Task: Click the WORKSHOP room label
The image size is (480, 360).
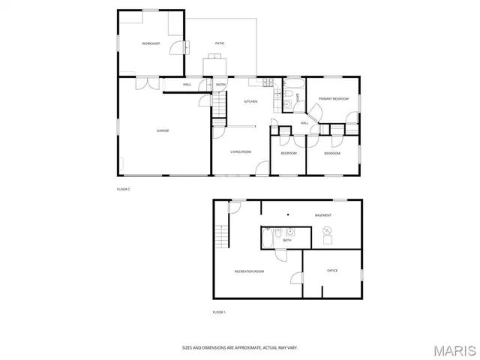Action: point(151,43)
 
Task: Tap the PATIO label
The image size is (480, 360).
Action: point(220,43)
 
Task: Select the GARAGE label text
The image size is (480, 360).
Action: point(163,130)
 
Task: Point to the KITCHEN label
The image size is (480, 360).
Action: point(251,101)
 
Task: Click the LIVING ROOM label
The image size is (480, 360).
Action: point(241,152)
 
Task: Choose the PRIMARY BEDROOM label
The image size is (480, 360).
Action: point(334,99)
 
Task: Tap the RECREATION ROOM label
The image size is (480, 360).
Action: point(249,271)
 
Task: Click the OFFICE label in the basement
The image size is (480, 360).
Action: point(332,270)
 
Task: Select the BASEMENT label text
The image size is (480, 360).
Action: point(323,215)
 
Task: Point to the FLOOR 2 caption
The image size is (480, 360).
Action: point(124,189)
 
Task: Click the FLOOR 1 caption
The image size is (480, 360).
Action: point(219,311)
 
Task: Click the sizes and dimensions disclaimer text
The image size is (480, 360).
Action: point(240,347)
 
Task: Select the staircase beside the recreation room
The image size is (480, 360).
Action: point(220,237)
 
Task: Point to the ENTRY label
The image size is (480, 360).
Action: point(221,85)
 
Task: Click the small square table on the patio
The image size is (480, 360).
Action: point(214,66)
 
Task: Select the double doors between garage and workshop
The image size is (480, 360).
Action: point(147,84)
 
